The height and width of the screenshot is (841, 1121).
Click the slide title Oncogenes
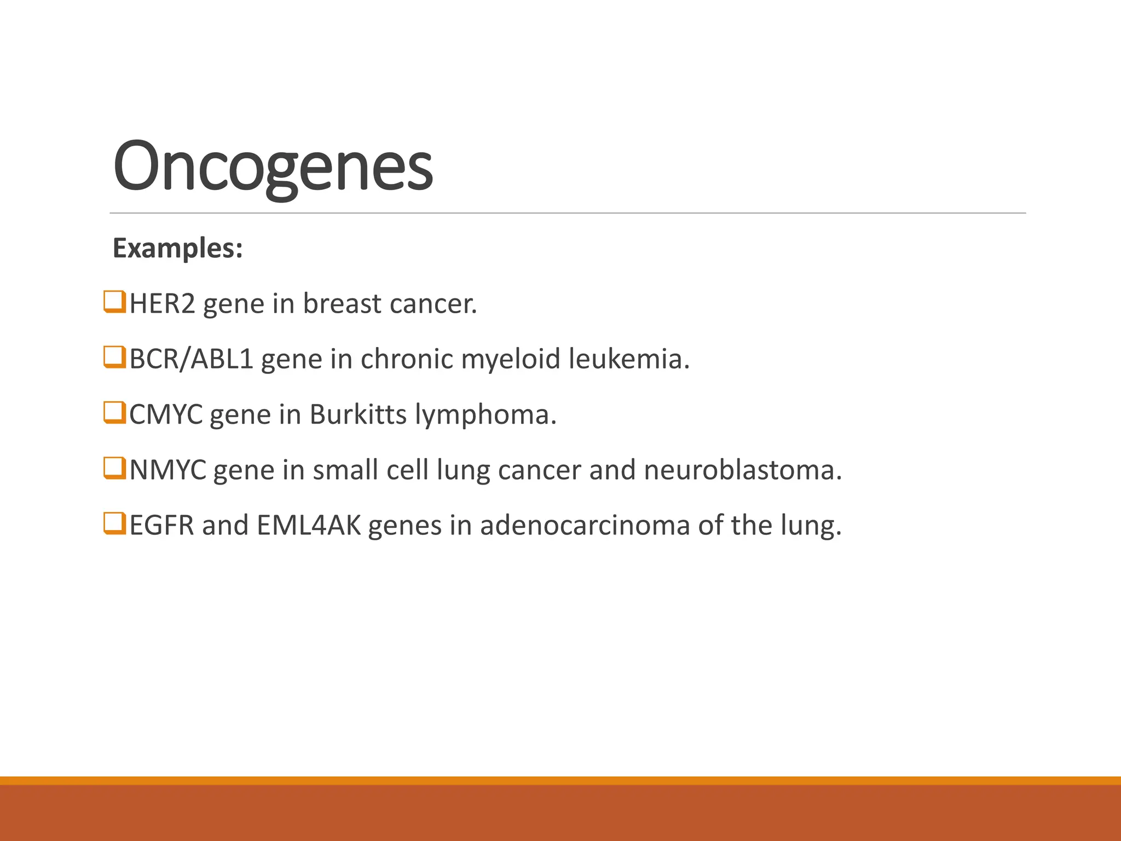(273, 166)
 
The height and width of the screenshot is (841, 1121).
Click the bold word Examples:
(177, 248)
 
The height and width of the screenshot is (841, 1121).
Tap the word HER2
(162, 304)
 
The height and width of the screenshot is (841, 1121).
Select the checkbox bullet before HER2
(114, 302)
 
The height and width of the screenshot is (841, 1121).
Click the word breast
(342, 304)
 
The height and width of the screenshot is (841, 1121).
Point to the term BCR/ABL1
(191, 359)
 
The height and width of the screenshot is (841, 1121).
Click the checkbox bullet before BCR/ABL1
(114, 358)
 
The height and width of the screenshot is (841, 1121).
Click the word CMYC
(166, 414)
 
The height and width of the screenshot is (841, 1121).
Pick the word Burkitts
(358, 414)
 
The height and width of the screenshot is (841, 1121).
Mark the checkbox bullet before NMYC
(114, 468)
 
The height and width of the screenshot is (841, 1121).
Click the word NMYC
(167, 470)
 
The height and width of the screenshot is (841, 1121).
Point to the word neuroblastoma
(743, 470)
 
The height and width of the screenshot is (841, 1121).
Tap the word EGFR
(161, 526)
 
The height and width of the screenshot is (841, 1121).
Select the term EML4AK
(309, 526)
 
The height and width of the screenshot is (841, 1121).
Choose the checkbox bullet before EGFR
(114, 523)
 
